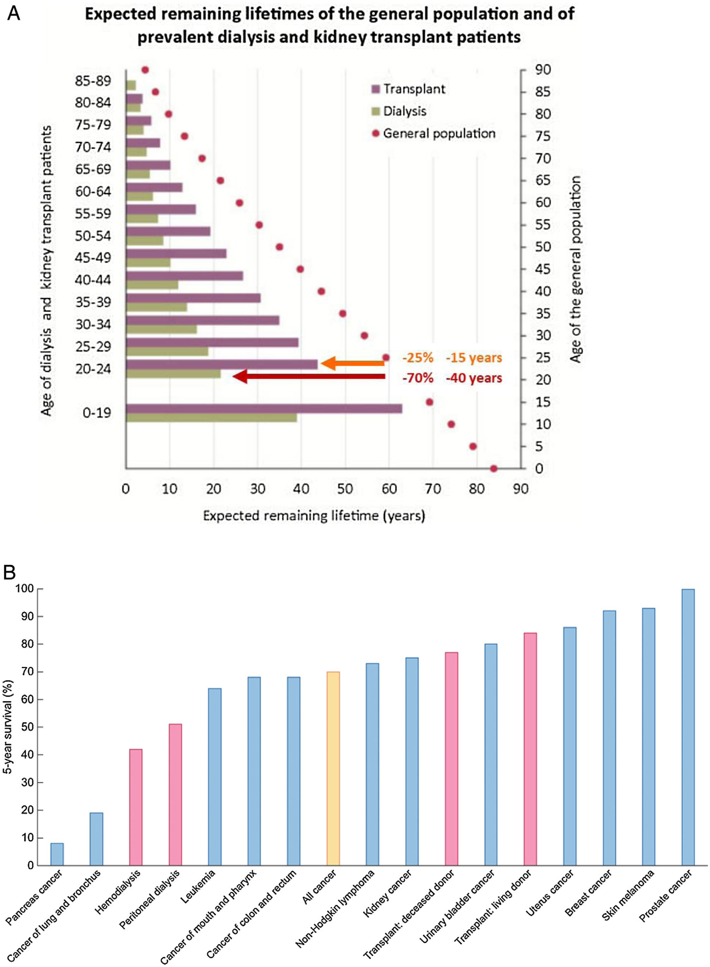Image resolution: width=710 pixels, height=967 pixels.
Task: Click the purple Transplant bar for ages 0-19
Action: tap(264, 408)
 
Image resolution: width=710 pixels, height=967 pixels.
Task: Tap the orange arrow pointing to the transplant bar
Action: tap(352, 364)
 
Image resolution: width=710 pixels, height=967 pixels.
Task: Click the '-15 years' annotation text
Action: tap(474, 358)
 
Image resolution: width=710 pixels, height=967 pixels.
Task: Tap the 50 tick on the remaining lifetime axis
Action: tap(345, 489)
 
